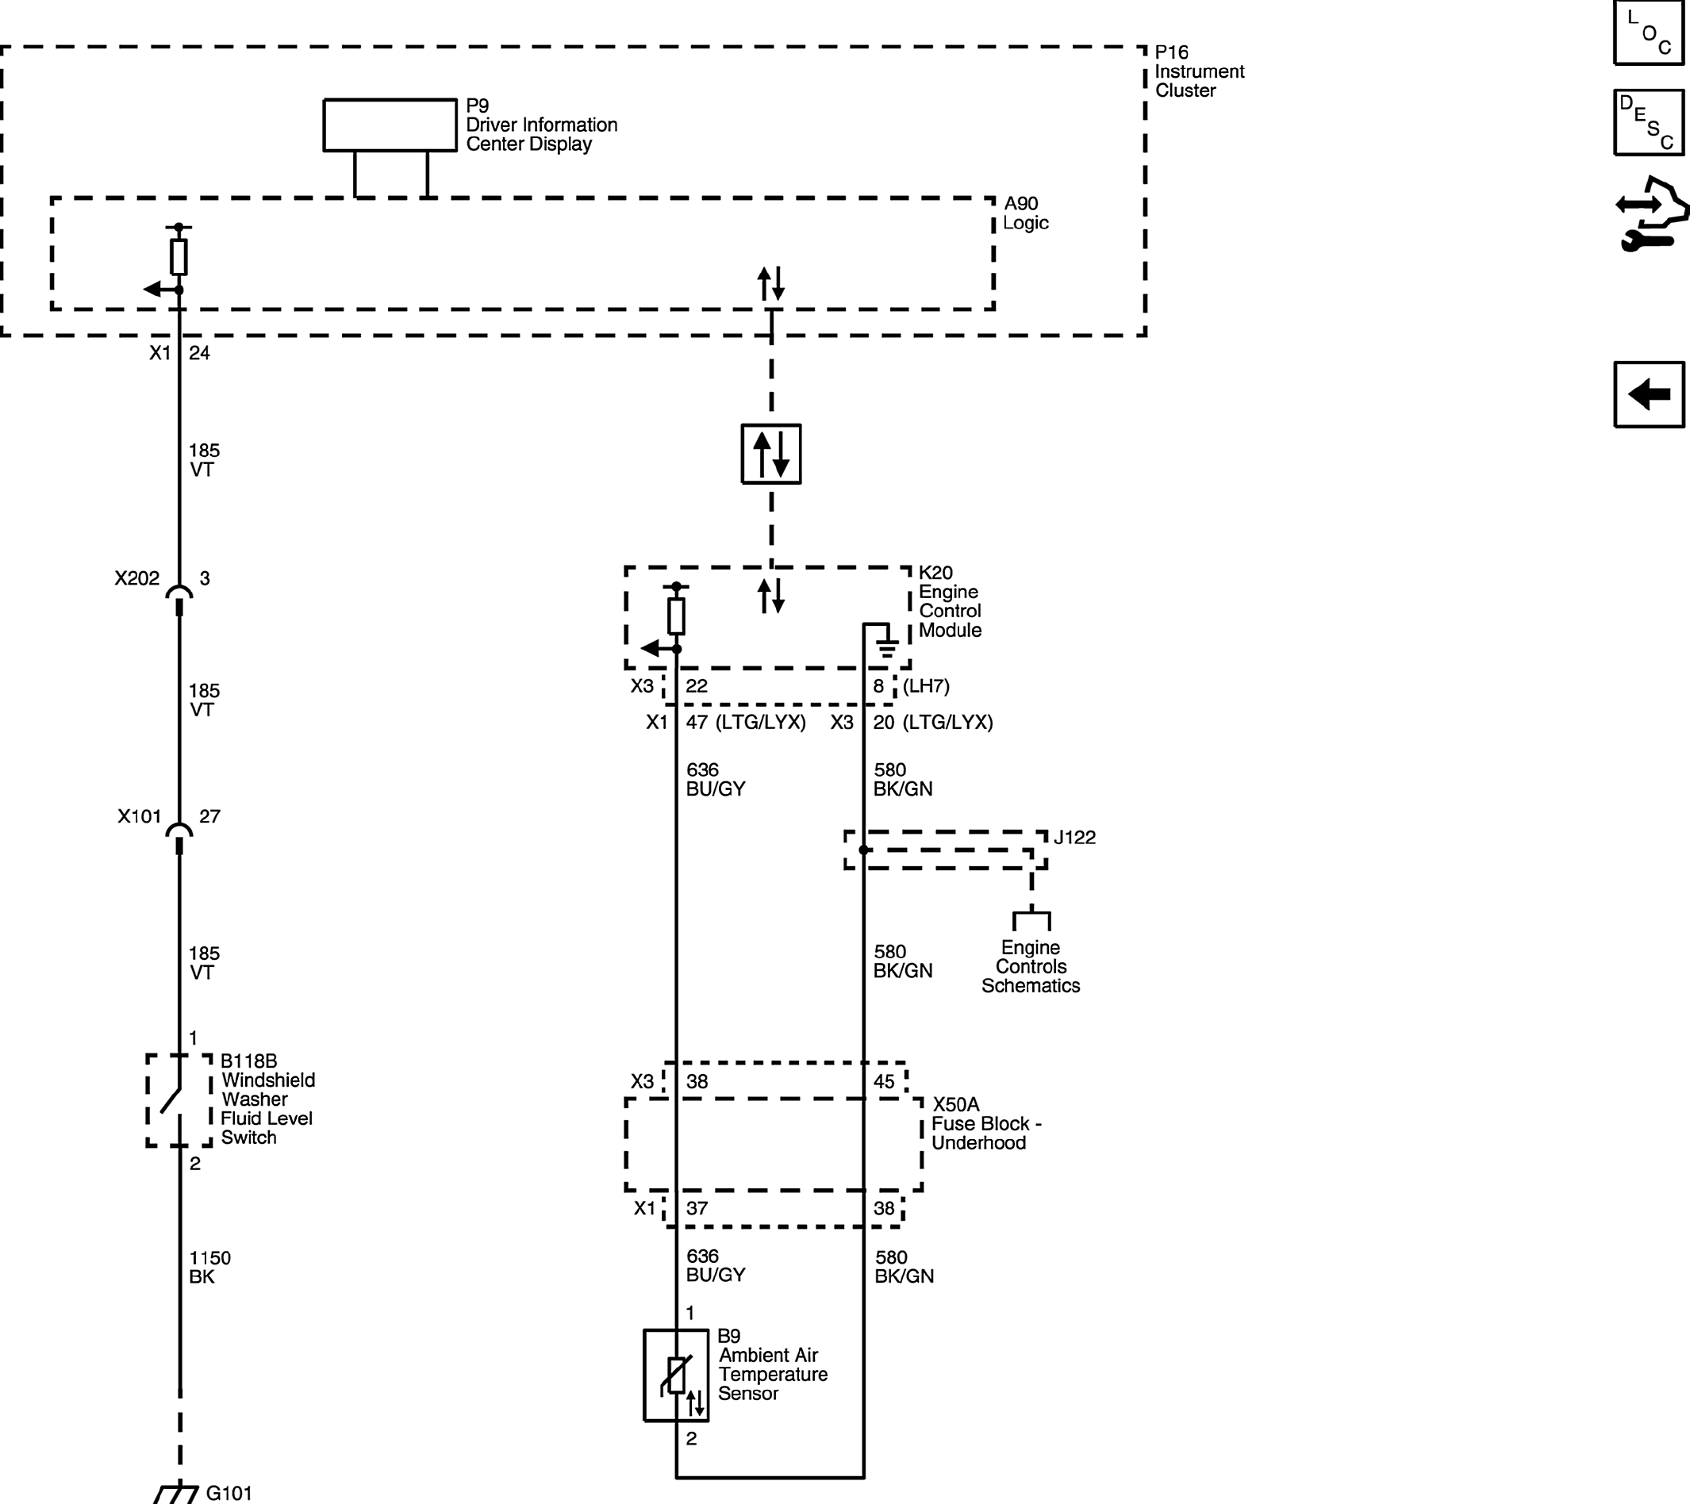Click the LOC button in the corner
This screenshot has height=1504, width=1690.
[1649, 33]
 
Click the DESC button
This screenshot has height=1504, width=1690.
[1649, 122]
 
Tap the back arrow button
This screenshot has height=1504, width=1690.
[1649, 394]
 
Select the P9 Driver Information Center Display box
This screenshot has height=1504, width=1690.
[390, 125]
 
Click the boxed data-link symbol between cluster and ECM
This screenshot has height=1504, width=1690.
[770, 454]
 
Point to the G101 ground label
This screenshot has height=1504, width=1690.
[229, 1492]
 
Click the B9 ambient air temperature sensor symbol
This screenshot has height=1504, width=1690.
[675, 1375]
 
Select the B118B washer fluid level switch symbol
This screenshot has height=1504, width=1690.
[179, 1100]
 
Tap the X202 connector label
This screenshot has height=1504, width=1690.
[137, 578]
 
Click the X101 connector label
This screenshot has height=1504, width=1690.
[139, 817]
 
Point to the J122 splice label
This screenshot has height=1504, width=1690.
[1074, 838]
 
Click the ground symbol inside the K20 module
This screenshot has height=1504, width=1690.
[886, 646]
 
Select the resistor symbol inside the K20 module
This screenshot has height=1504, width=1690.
[676, 616]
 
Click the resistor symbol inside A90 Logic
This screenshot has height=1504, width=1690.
[179, 257]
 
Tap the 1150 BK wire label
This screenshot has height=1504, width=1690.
[209, 1268]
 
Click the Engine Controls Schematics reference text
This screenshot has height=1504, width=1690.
[1030, 966]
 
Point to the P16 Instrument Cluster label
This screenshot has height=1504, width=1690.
[1199, 71]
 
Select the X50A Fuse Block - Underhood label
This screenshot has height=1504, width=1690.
[986, 1124]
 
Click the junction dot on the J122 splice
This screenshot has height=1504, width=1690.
[864, 850]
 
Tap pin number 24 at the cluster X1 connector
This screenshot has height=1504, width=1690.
[199, 353]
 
